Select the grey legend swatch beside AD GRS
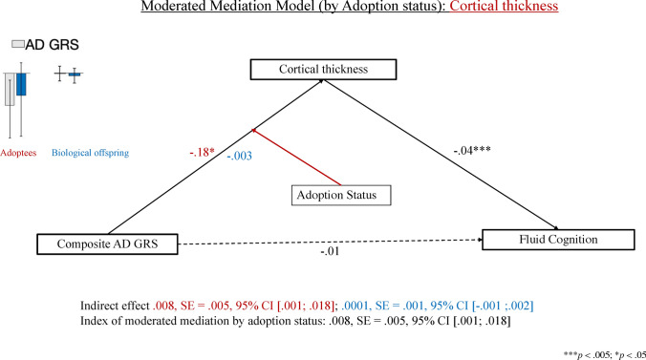[16, 44]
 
